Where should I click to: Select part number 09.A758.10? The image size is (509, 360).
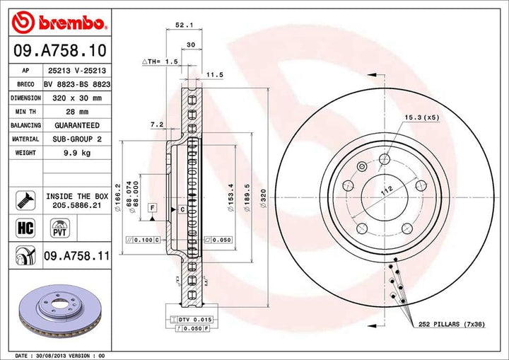point(59,51)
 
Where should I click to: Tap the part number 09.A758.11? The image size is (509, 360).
point(77,254)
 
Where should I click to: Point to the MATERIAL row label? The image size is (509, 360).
point(24,139)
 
